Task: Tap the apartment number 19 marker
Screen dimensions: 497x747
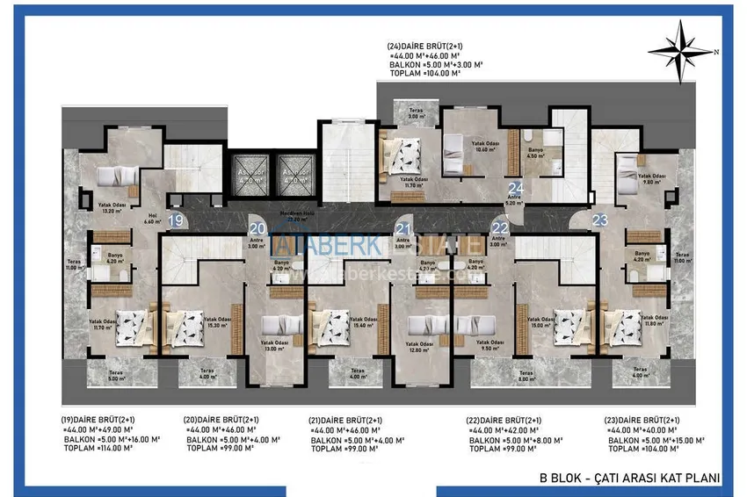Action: point(176,220)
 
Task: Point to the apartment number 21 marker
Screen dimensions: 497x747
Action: point(403,228)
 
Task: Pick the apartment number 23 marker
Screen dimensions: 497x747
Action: point(600,220)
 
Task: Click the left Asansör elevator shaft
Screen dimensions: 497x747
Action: point(247,171)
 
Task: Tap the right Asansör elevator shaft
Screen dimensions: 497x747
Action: point(292,171)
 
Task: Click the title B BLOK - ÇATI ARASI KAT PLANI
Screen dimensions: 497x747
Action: point(629,478)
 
